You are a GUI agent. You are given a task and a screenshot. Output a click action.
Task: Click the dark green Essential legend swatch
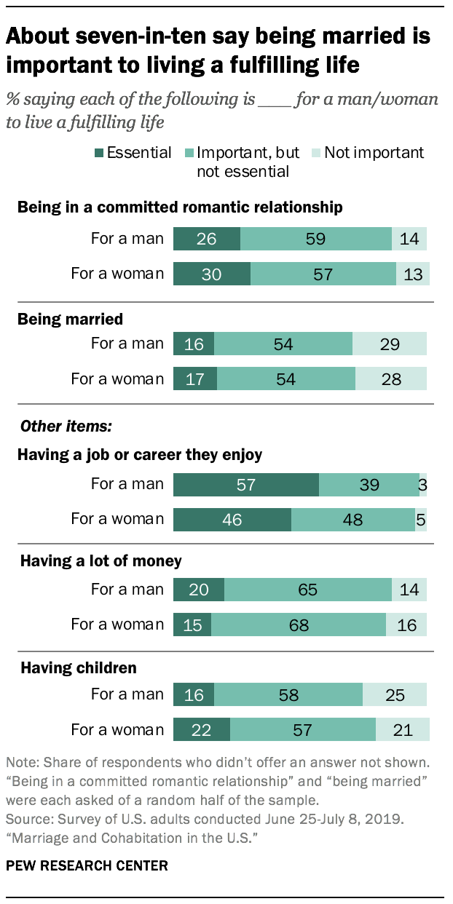click(x=99, y=153)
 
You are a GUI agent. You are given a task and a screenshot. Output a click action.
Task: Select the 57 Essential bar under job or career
click(x=245, y=485)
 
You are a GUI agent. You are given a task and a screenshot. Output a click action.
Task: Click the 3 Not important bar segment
click(x=423, y=485)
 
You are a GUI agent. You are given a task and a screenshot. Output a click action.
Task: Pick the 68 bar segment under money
click(x=299, y=625)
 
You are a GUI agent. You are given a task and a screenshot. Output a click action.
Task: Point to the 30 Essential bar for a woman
click(x=211, y=274)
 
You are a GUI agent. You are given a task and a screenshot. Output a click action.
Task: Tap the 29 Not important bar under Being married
click(x=390, y=344)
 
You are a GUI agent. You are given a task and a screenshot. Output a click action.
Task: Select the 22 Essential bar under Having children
click(x=201, y=729)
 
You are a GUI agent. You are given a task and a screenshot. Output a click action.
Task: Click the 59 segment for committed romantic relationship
click(x=315, y=239)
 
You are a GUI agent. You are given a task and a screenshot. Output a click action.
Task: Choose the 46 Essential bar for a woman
click(x=232, y=520)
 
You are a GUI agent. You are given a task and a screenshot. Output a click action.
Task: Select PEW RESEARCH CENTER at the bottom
click(x=86, y=866)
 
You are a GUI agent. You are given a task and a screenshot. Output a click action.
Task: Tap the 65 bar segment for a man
click(x=307, y=590)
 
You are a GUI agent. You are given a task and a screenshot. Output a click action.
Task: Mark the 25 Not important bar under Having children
click(x=395, y=694)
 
